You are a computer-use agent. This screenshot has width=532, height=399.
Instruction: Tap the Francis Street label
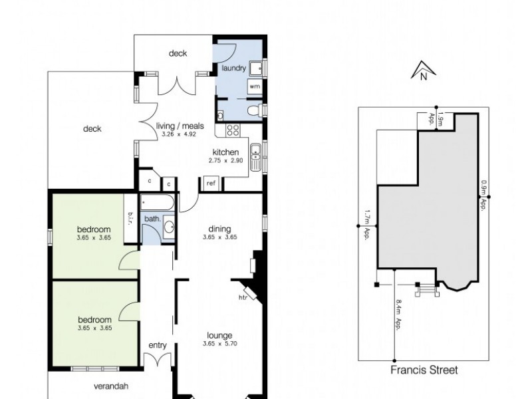(425, 370)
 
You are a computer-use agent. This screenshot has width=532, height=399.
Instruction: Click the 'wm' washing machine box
(254, 86)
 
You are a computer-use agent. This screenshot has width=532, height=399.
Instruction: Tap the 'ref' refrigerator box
(211, 183)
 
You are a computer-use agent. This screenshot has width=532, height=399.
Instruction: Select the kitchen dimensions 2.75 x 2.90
(225, 161)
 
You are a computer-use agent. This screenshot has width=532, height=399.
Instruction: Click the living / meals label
(180, 125)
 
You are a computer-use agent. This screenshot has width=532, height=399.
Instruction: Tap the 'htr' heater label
(243, 298)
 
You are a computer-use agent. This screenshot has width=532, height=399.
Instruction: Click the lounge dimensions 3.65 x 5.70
(219, 344)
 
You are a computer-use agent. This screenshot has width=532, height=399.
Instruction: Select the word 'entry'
(158, 344)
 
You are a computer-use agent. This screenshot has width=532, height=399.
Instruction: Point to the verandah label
(110, 386)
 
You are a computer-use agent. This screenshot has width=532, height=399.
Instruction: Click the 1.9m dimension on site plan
(440, 120)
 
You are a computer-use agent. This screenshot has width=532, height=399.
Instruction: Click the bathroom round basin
(169, 227)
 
